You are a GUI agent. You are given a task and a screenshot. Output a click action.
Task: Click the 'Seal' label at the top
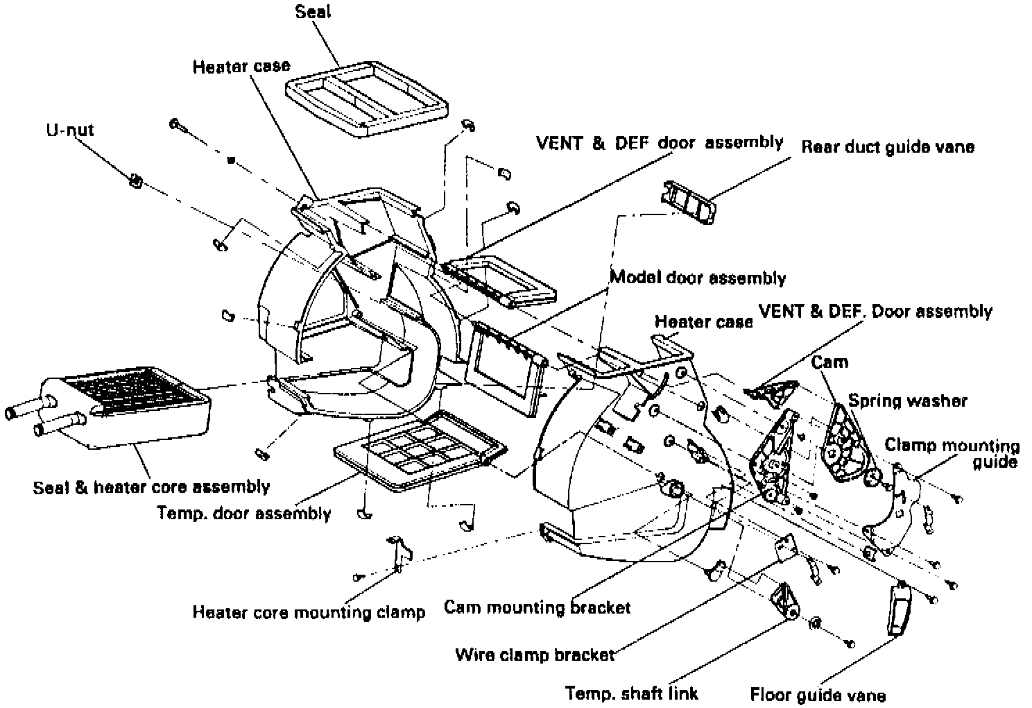(313, 12)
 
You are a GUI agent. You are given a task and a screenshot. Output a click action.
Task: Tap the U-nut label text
(70, 129)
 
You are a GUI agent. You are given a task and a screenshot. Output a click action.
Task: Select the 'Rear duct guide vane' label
(888, 146)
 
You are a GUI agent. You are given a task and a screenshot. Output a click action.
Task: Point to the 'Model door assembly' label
(698, 278)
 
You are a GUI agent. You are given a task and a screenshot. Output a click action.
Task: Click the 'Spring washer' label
(907, 401)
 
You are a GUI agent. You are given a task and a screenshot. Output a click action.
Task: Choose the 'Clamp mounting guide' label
(953, 453)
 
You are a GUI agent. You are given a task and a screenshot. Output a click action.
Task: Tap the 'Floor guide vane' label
(818, 695)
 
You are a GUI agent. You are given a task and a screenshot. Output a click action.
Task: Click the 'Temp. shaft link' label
(631, 693)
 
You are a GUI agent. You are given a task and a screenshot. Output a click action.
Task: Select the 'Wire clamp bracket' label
(535, 655)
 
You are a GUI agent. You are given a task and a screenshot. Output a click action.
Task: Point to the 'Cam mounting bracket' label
(537, 607)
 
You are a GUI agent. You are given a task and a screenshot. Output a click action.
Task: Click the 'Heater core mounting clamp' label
(309, 612)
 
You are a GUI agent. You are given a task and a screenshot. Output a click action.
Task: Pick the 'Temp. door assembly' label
(244, 513)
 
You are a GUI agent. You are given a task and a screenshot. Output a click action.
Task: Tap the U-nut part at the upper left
(135, 182)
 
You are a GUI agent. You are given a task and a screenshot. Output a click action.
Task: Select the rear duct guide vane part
(688, 202)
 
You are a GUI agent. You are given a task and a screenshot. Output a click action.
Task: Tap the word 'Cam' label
(829, 362)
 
